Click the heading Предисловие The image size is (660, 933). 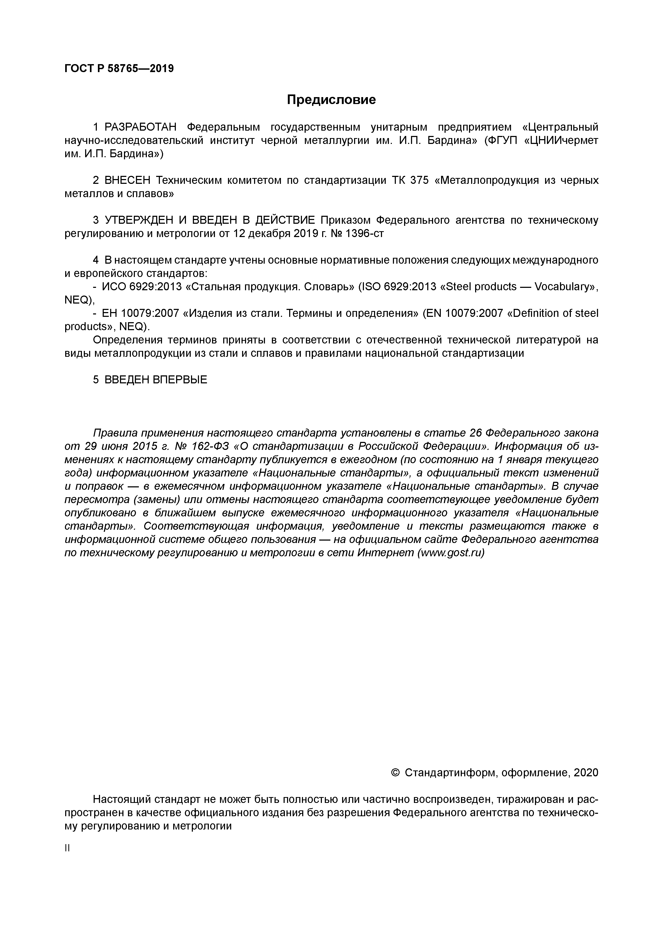point(331,99)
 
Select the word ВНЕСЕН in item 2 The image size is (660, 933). point(127,180)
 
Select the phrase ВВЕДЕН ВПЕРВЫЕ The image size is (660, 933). point(156,380)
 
